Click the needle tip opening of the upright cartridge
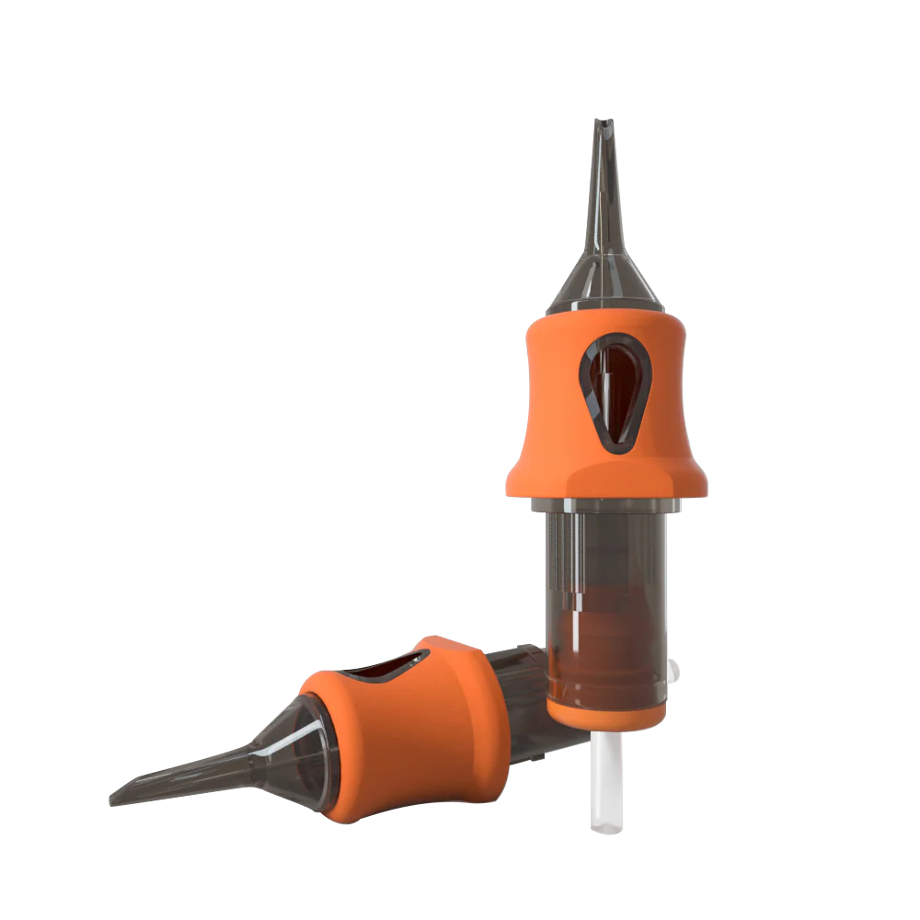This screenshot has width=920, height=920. pos(604,122)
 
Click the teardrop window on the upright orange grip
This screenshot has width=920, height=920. pos(615,391)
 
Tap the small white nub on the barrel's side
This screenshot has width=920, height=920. pos(677,671)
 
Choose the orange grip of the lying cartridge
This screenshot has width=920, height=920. pos(414,727)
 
